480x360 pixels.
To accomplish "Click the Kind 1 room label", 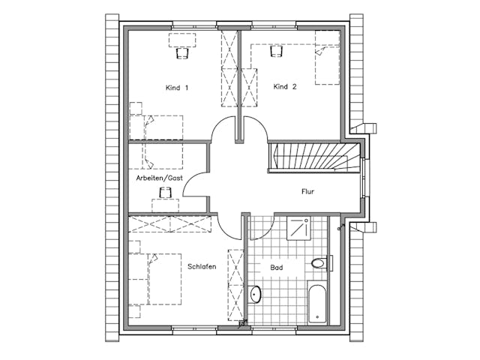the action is pos(177,88).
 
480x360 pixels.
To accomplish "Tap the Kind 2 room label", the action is pos(285,87).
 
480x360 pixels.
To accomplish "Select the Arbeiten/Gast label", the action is pos(160,178).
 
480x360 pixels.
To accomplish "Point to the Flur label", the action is pos(308,192).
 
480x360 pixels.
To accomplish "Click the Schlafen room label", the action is pos(202,267).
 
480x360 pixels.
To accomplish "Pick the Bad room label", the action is pos(277,268).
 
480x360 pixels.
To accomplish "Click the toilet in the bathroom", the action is pos(321,263).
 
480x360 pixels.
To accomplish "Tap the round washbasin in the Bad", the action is pos(255,294).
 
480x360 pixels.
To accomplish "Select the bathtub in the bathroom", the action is pos(317,302).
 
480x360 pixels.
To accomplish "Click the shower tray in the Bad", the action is pos(299,228).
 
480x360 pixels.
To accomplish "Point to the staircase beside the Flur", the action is pos(315,158).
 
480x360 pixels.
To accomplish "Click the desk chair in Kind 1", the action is pos(182,52).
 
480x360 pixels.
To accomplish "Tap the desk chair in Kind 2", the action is pos(276,52).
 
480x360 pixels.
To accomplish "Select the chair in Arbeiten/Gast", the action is pos(165,192).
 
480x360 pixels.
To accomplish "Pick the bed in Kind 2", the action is pos(327,58).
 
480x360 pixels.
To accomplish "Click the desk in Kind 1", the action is pos(182,40).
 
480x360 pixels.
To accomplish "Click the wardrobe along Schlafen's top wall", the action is pos(170,224).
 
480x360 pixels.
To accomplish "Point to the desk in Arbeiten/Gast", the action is pos(165,205).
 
